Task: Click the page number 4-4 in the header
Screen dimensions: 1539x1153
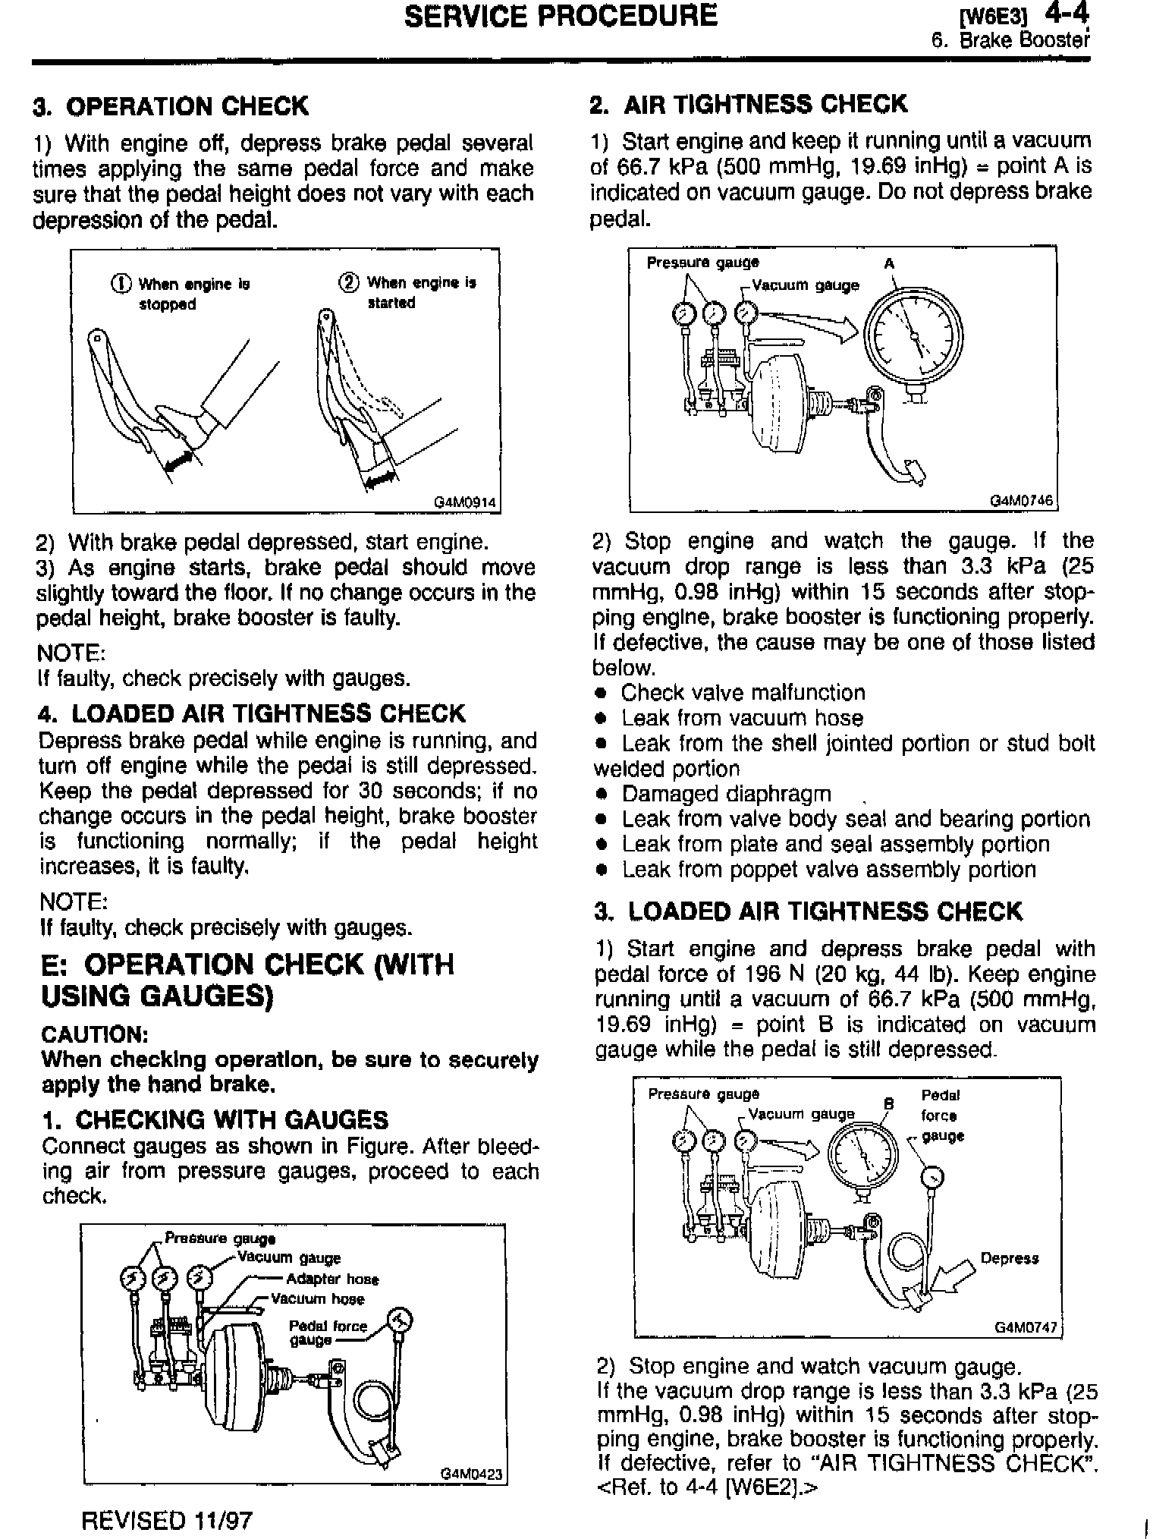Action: click(1067, 14)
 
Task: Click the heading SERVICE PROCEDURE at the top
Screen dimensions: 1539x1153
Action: click(561, 16)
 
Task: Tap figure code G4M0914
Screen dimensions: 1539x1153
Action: click(466, 502)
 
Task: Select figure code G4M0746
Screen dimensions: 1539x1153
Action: click(1023, 501)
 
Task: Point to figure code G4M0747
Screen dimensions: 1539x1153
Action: click(1026, 1328)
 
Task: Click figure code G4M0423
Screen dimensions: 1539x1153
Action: click(472, 1474)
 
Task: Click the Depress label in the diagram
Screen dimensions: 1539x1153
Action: click(1009, 1258)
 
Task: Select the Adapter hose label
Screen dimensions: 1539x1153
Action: click(332, 1279)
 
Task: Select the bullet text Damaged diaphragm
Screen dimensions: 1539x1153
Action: click(726, 794)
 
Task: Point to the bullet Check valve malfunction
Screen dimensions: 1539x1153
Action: click(743, 693)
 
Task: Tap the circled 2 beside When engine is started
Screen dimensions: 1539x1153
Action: click(348, 283)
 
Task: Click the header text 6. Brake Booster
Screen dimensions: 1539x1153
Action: click(1010, 40)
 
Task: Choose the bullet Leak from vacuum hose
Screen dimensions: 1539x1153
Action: click(742, 718)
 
